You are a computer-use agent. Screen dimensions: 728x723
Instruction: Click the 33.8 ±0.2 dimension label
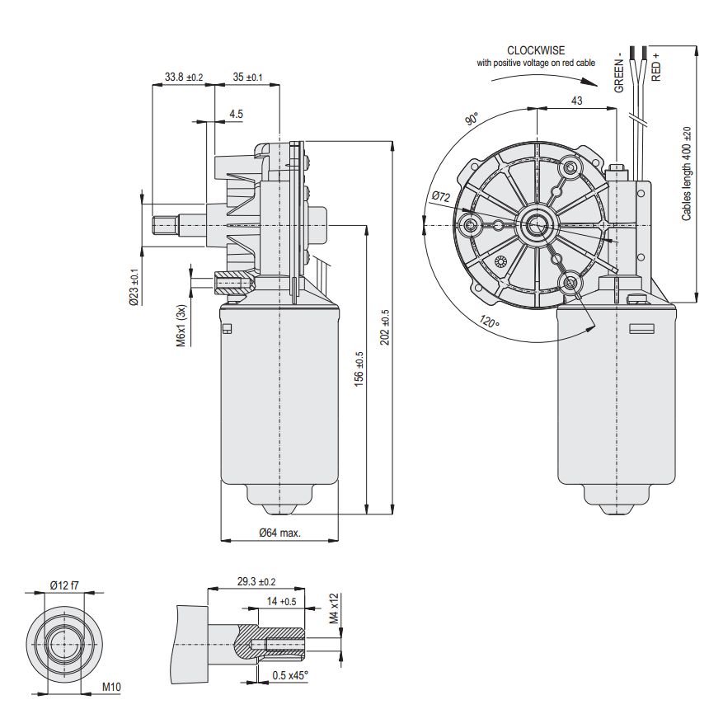point(183,77)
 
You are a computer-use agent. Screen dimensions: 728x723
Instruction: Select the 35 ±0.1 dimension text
point(247,77)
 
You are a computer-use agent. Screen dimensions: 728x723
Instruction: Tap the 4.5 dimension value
point(236,114)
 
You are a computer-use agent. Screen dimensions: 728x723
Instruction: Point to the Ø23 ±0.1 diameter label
point(134,287)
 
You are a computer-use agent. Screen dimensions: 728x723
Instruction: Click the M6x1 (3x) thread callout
point(181,326)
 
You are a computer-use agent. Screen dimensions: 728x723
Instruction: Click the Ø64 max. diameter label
point(279,533)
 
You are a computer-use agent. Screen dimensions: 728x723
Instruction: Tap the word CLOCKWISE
point(536,50)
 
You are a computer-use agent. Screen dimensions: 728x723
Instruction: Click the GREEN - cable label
point(619,74)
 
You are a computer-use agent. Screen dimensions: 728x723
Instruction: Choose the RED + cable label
point(656,66)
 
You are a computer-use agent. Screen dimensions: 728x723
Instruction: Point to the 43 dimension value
point(576,101)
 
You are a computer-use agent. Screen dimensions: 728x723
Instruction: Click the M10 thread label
point(111,686)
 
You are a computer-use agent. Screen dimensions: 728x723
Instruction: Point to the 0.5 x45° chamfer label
point(290,675)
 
